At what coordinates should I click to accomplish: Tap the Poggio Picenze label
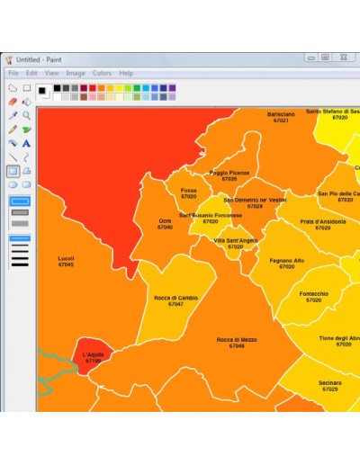click(x=229, y=173)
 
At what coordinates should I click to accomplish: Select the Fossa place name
click(x=188, y=191)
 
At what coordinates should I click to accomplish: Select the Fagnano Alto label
click(x=286, y=261)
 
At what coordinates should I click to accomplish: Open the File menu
click(x=13, y=73)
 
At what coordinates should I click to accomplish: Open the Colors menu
click(x=102, y=73)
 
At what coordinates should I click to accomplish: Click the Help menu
click(x=126, y=73)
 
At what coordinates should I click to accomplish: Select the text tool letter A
click(x=27, y=142)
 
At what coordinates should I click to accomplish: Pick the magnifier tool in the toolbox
click(x=27, y=115)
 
